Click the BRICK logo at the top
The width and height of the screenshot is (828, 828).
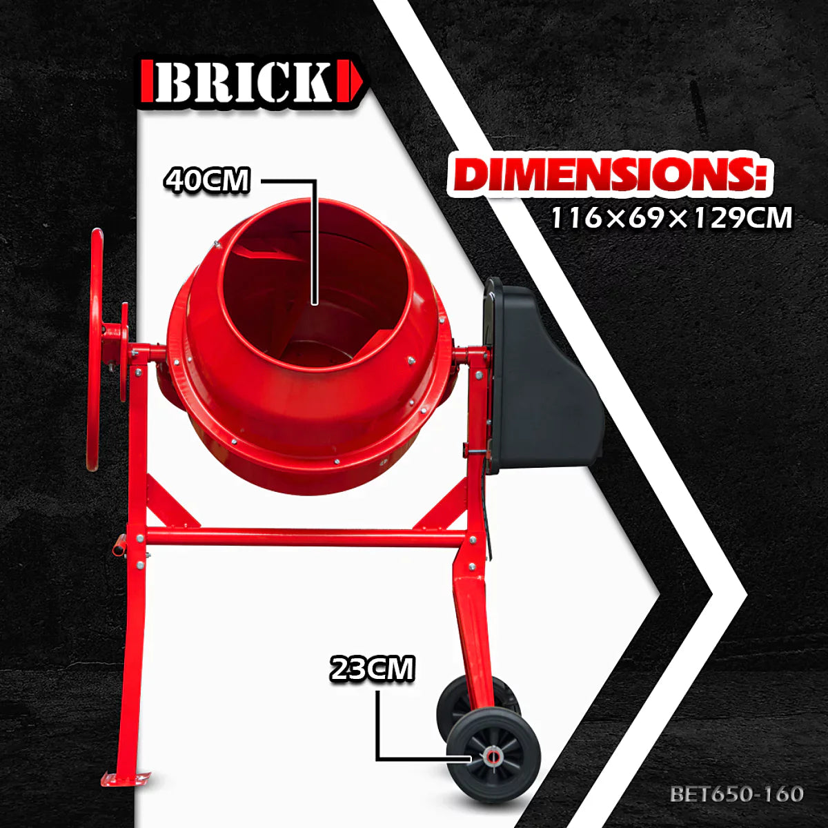(252, 83)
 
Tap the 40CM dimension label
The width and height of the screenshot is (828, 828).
(206, 180)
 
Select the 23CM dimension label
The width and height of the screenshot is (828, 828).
(373, 669)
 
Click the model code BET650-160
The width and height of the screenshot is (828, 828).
(736, 794)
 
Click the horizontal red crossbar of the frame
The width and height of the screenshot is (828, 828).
(304, 538)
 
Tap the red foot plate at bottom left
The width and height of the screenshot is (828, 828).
(124, 778)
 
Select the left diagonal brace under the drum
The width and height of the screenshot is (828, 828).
(172, 504)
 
